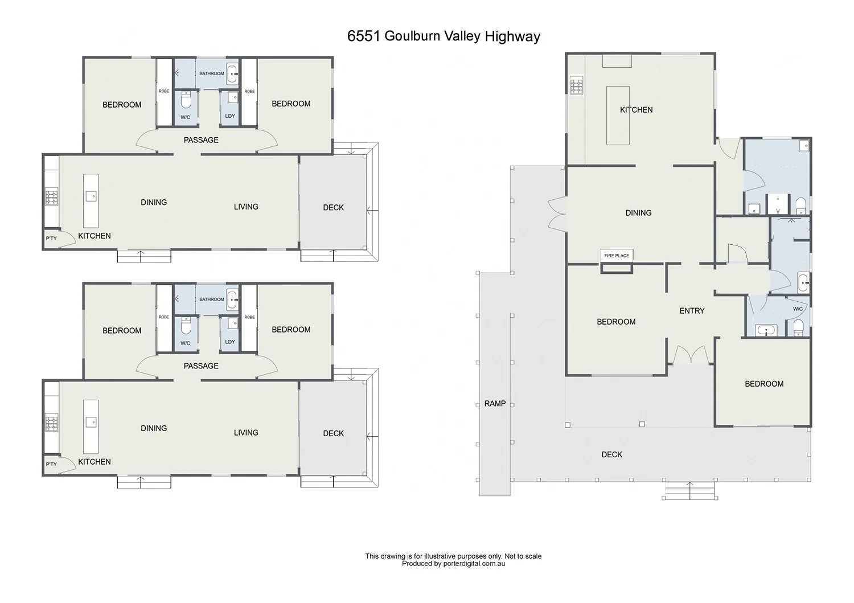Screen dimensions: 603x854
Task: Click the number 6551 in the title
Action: [x=363, y=36]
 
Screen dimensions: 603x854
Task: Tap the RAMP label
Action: [x=495, y=403]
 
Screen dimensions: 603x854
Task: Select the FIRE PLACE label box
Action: [x=617, y=256]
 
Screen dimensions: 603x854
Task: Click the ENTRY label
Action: [x=692, y=310]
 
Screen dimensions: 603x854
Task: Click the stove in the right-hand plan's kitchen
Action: [x=576, y=86]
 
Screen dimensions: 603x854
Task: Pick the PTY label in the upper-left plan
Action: [x=51, y=238]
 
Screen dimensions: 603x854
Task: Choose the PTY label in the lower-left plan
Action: [x=51, y=464]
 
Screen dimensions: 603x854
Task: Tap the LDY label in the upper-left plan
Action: [x=230, y=116]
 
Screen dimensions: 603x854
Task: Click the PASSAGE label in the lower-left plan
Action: [x=201, y=366]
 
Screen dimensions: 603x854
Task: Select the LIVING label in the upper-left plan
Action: [x=246, y=207]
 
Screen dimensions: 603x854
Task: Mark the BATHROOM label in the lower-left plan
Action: [x=211, y=300]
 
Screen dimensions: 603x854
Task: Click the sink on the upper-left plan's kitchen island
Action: [x=91, y=196]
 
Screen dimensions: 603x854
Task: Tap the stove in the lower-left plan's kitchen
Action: [x=51, y=424]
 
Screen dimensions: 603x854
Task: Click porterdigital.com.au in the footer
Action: [x=475, y=564]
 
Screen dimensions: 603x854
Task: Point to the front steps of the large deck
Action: [x=689, y=490]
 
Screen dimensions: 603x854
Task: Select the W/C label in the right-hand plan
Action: [x=798, y=309]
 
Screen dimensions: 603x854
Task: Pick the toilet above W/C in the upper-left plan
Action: [x=186, y=101]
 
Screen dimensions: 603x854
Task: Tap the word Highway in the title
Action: [x=512, y=36]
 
